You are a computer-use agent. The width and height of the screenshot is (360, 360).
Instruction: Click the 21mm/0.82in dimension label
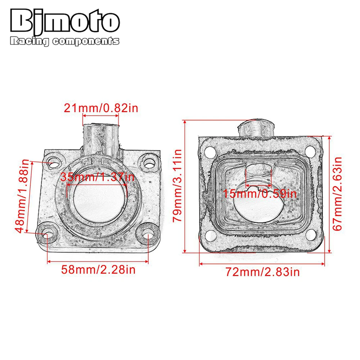click(x=101, y=108)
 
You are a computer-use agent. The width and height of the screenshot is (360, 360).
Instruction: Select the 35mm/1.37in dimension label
click(x=97, y=177)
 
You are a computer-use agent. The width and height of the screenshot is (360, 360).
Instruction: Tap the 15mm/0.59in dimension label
click(x=259, y=194)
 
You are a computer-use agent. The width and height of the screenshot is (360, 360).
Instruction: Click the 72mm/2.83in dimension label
click(x=262, y=272)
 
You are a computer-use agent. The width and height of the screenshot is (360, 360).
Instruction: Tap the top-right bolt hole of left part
click(x=148, y=162)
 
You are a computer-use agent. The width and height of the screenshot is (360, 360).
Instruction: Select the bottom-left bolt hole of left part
click(x=47, y=233)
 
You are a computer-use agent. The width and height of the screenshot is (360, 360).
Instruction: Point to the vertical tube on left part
click(x=101, y=137)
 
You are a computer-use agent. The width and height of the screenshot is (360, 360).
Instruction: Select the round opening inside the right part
click(x=257, y=209)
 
